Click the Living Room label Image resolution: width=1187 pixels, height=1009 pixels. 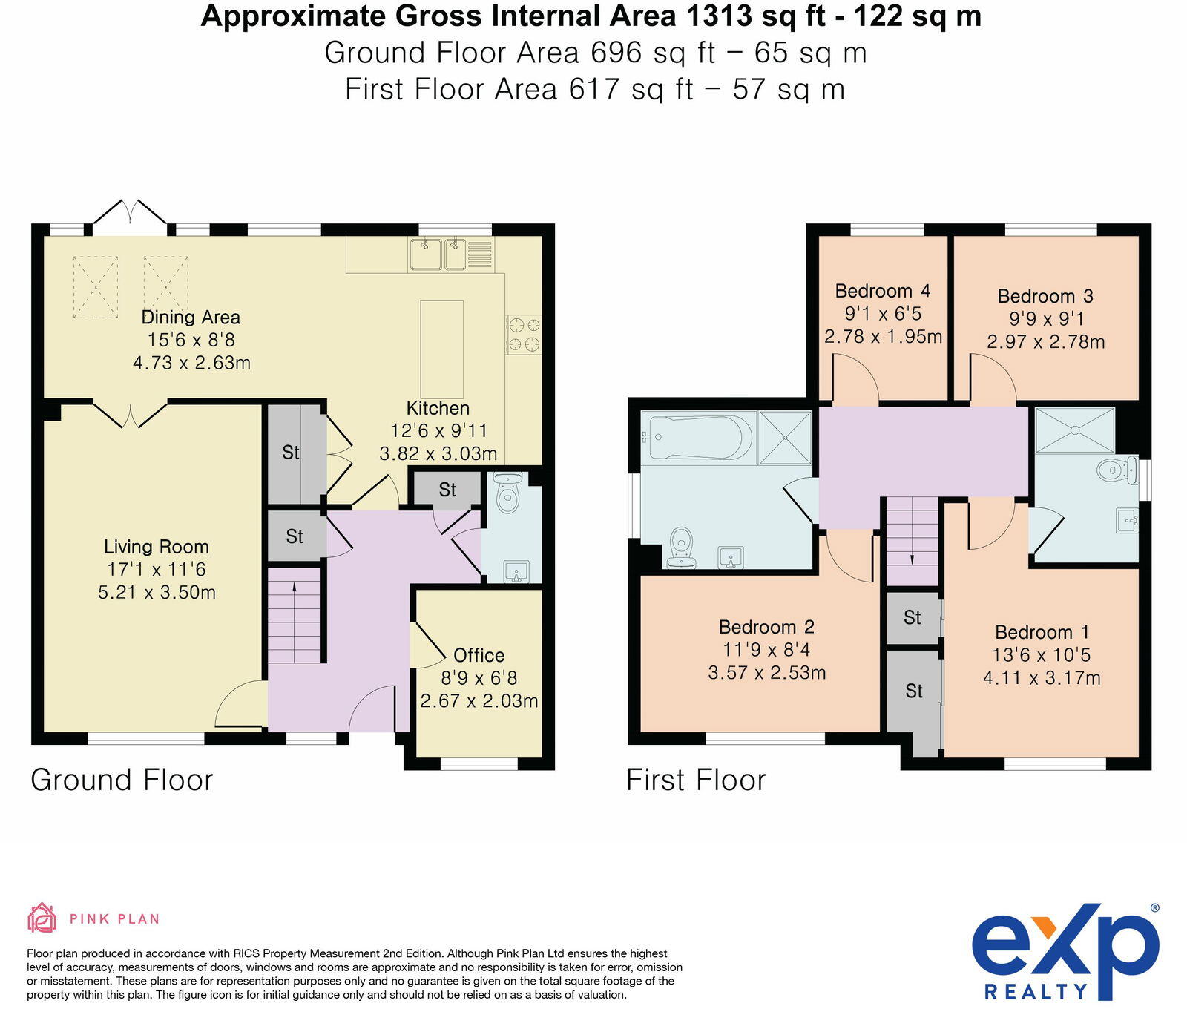[156, 547]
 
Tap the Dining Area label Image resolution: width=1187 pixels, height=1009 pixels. [191, 318]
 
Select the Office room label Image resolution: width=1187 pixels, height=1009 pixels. [479, 655]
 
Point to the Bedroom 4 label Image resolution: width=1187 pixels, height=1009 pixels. [882, 291]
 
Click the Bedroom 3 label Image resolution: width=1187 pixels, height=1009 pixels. [1045, 296]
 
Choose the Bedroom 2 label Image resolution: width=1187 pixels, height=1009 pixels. [766, 627]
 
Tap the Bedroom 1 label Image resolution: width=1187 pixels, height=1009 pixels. [1042, 632]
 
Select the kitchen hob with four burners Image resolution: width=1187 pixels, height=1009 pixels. [524, 334]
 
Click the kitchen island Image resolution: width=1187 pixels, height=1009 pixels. [441, 349]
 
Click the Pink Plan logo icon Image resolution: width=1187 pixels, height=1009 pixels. [42, 918]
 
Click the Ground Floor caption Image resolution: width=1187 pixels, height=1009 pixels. [122, 780]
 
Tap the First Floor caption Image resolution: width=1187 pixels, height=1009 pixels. [696, 780]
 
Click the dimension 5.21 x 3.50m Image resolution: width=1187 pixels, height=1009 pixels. [157, 593]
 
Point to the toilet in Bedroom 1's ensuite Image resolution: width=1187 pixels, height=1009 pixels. [1117, 470]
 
